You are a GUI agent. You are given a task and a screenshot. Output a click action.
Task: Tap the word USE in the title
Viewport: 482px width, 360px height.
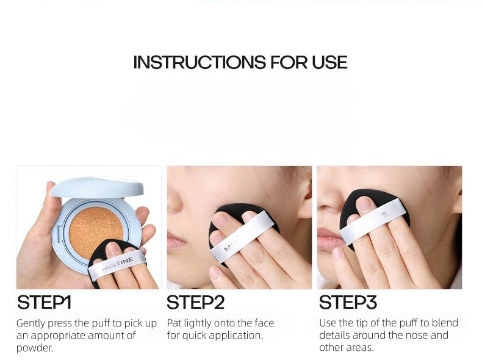pos(329,62)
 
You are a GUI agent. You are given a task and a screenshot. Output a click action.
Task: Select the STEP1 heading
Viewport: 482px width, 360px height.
pos(44,302)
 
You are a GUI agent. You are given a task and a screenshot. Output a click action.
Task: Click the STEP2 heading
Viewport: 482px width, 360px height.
pos(195,302)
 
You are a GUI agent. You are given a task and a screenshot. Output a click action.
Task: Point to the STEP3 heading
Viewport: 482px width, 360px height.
pos(348,302)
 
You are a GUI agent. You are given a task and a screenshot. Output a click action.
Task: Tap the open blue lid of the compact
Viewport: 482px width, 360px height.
pos(97,187)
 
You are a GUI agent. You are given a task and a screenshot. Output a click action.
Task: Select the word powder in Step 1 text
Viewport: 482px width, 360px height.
pos(34,348)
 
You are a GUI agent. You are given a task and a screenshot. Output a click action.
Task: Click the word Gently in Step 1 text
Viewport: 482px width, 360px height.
pos(31,324)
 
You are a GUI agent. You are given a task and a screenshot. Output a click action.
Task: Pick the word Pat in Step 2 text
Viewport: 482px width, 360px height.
pos(174,323)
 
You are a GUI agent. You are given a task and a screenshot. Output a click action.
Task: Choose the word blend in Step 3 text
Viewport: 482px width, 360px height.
pos(445,323)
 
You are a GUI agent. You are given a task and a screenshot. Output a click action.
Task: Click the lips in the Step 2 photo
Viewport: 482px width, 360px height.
pos(176,240)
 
